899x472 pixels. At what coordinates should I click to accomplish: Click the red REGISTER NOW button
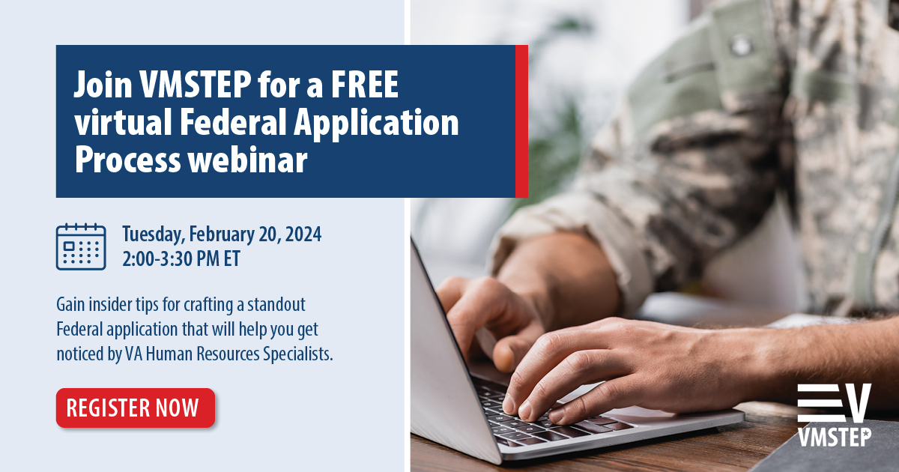pyautogui.click(x=135, y=408)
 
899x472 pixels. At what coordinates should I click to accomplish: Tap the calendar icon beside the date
pyautogui.click(x=80, y=246)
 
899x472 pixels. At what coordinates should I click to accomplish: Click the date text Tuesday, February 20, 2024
pyautogui.click(x=222, y=235)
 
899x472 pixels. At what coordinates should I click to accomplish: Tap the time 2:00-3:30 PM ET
pyautogui.click(x=182, y=258)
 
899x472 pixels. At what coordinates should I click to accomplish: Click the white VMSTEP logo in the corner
pyautogui.click(x=834, y=415)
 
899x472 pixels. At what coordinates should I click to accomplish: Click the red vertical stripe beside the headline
pyautogui.click(x=521, y=121)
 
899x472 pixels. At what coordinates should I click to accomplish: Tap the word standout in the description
pyautogui.click(x=278, y=306)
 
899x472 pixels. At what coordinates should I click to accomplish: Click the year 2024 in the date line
pyautogui.click(x=303, y=235)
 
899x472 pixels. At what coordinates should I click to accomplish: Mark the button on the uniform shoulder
pyautogui.click(x=741, y=46)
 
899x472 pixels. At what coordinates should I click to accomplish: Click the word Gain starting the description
pyautogui.click(x=70, y=306)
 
